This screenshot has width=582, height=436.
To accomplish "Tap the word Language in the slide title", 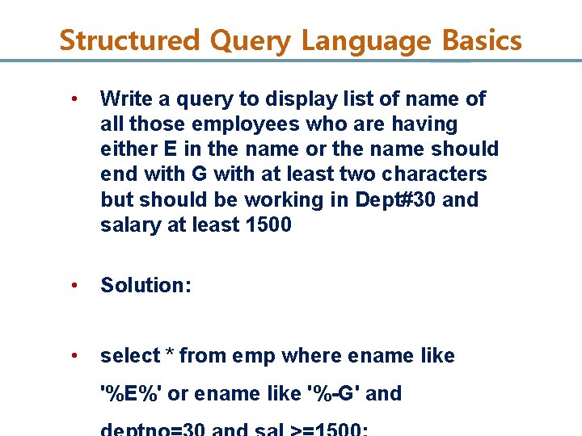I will [x=369, y=40].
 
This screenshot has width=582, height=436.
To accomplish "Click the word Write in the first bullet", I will [x=124, y=99].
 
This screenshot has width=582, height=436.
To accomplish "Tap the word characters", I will [x=435, y=174].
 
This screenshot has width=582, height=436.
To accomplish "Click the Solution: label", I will [x=145, y=285].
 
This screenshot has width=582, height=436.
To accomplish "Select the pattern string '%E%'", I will [x=131, y=394].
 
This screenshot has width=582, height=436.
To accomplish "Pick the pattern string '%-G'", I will [x=333, y=394].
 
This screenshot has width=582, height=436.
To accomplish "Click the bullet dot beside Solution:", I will [x=74, y=285].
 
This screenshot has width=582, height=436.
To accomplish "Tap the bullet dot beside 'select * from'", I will [x=74, y=356].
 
